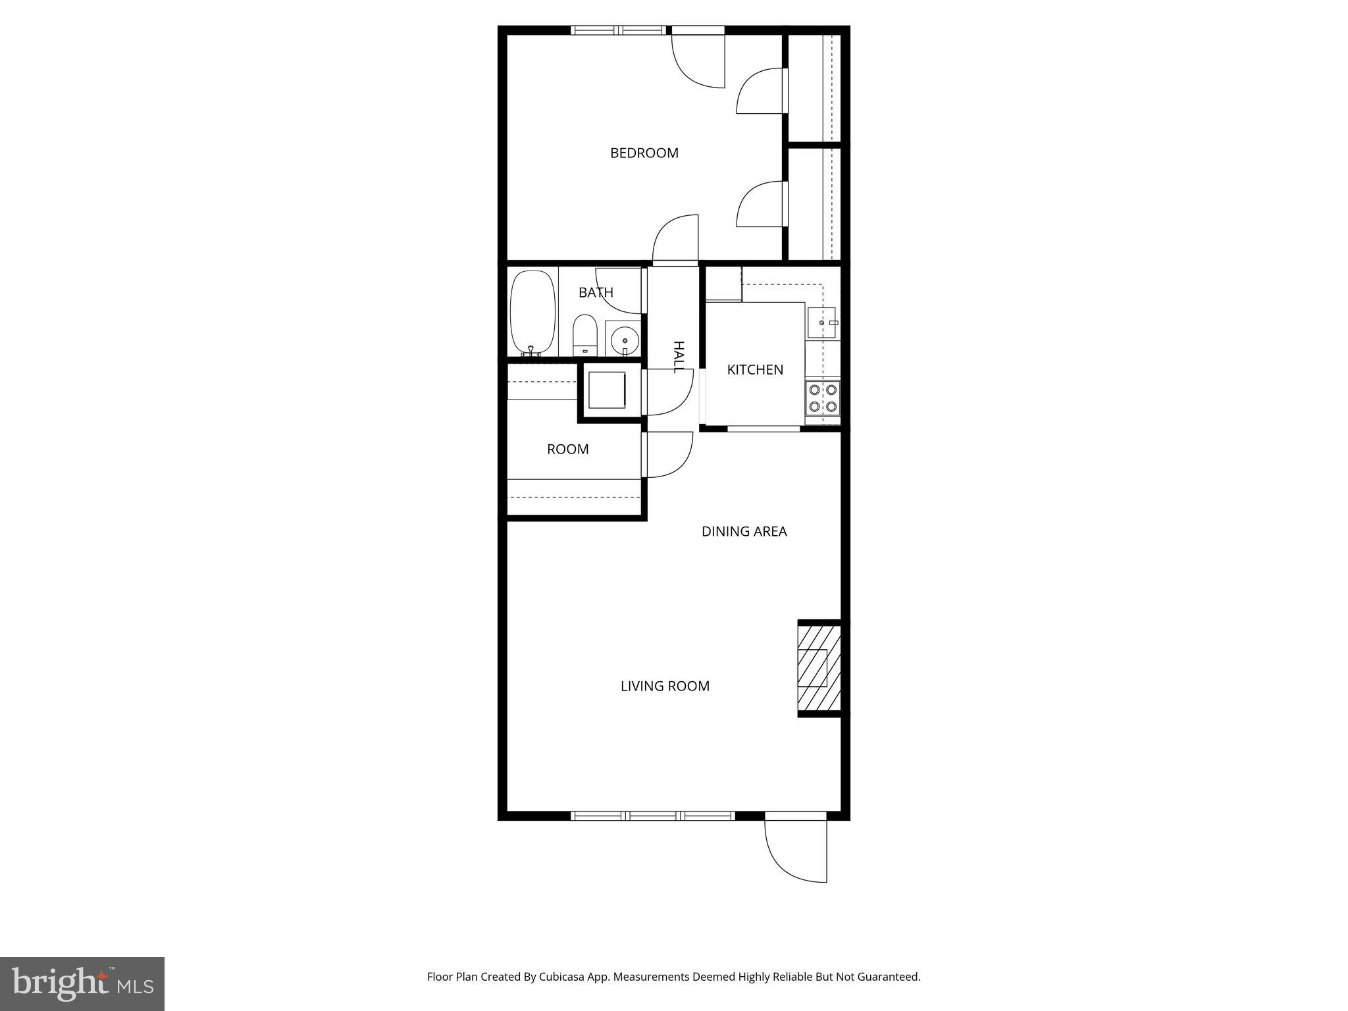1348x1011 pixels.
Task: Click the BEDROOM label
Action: (x=644, y=153)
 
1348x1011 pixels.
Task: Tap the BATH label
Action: (x=596, y=292)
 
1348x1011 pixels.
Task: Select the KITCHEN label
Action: (x=755, y=370)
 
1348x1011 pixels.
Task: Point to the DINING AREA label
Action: (x=744, y=531)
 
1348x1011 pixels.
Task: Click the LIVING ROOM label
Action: (x=665, y=686)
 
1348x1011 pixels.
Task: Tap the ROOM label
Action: (x=567, y=449)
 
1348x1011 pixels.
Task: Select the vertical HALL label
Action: (x=679, y=357)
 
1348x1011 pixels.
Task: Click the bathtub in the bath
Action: (x=532, y=313)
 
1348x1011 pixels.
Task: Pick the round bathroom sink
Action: (x=623, y=340)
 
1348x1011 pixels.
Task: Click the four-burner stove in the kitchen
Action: (x=823, y=398)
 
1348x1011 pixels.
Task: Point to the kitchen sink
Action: (x=821, y=323)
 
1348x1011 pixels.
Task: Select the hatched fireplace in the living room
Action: (x=819, y=668)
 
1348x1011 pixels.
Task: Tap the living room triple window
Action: (x=652, y=816)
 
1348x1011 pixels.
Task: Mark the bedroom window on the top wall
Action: (x=618, y=30)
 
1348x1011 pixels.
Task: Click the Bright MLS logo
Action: (x=82, y=983)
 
